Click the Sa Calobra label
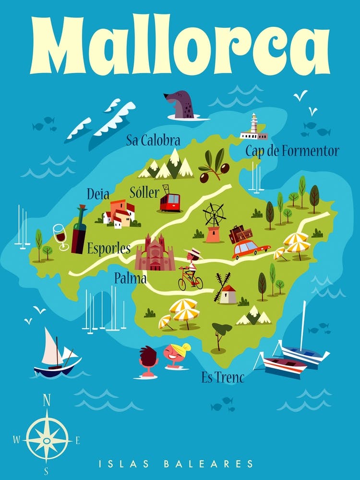coord(153,141)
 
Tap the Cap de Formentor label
coord(292,151)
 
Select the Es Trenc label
coord(223,378)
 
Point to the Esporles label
coord(109,249)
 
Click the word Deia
coord(98,194)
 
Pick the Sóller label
coord(144,193)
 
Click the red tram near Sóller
coord(170,202)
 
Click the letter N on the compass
coord(47,400)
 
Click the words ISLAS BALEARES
coord(176,464)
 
